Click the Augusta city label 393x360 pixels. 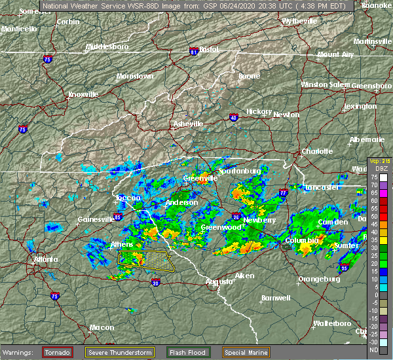click(219, 281)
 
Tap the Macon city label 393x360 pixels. click(102, 327)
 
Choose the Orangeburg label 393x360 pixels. click(319, 279)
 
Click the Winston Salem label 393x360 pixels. click(326, 84)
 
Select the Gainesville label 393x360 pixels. click(96, 219)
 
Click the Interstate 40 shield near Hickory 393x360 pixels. click(233, 118)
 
